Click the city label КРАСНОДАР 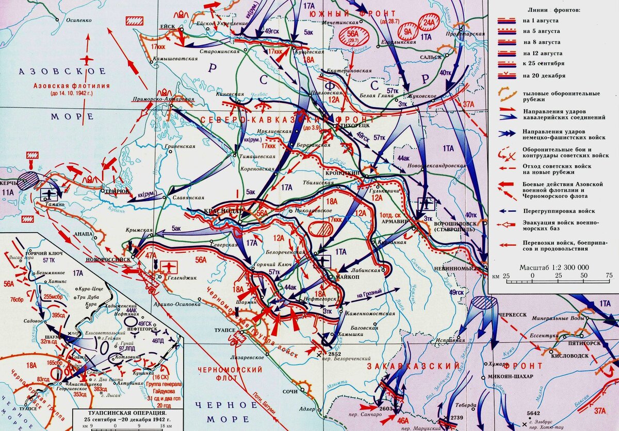click(221, 212)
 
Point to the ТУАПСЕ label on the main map click(225, 330)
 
